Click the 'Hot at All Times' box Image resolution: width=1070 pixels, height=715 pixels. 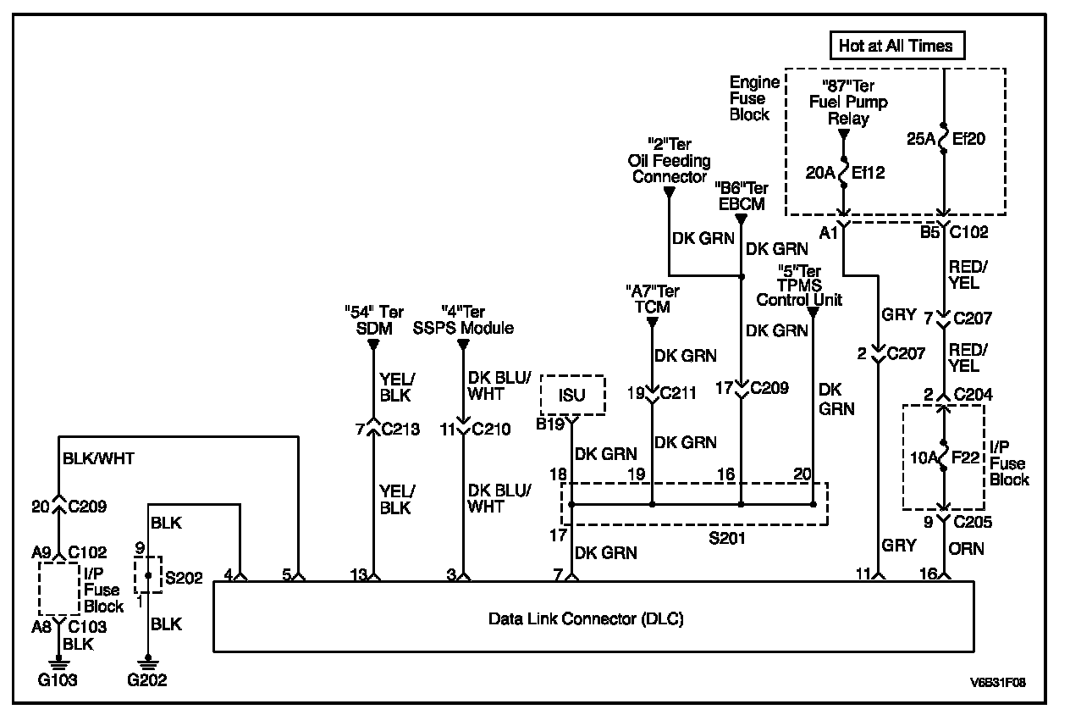pos(896,46)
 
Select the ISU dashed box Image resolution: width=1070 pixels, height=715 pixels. pos(573,395)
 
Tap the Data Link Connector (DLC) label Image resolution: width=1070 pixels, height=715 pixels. pos(586,619)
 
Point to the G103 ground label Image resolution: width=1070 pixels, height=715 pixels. pos(58,680)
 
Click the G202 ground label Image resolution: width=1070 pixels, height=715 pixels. pos(148,680)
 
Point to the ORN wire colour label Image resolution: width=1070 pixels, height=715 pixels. pos(967,549)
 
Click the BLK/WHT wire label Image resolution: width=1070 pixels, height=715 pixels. pos(98,459)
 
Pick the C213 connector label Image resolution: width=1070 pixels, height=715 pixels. pos(400,429)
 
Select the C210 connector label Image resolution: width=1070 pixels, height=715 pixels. pos(492,429)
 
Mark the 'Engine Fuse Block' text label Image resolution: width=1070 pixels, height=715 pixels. pos(754,98)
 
